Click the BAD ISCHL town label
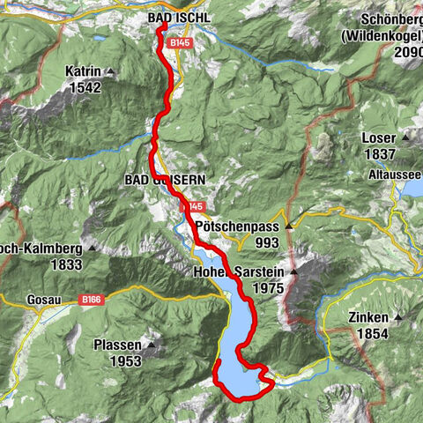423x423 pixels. pyautogui.click(x=179, y=18)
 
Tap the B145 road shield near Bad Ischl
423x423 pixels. pyautogui.click(x=181, y=42)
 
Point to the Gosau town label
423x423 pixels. pyautogui.click(x=21, y=301)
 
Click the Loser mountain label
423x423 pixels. pyautogui.click(x=379, y=138)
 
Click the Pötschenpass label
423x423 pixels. pyautogui.click(x=234, y=226)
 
